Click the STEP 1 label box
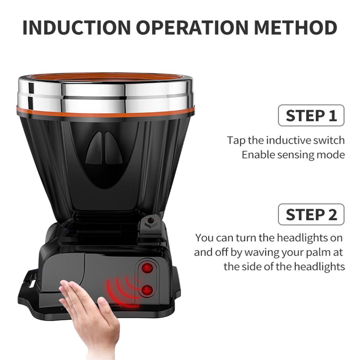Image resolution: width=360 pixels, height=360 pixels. (311, 116)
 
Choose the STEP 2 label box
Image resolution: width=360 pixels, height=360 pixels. (311, 215)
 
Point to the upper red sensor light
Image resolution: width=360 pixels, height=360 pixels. (146, 268)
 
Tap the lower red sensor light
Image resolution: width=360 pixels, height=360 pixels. (146, 290)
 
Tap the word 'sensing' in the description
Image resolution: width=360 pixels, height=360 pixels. (293, 155)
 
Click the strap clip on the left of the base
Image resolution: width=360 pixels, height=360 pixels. (29, 284)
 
